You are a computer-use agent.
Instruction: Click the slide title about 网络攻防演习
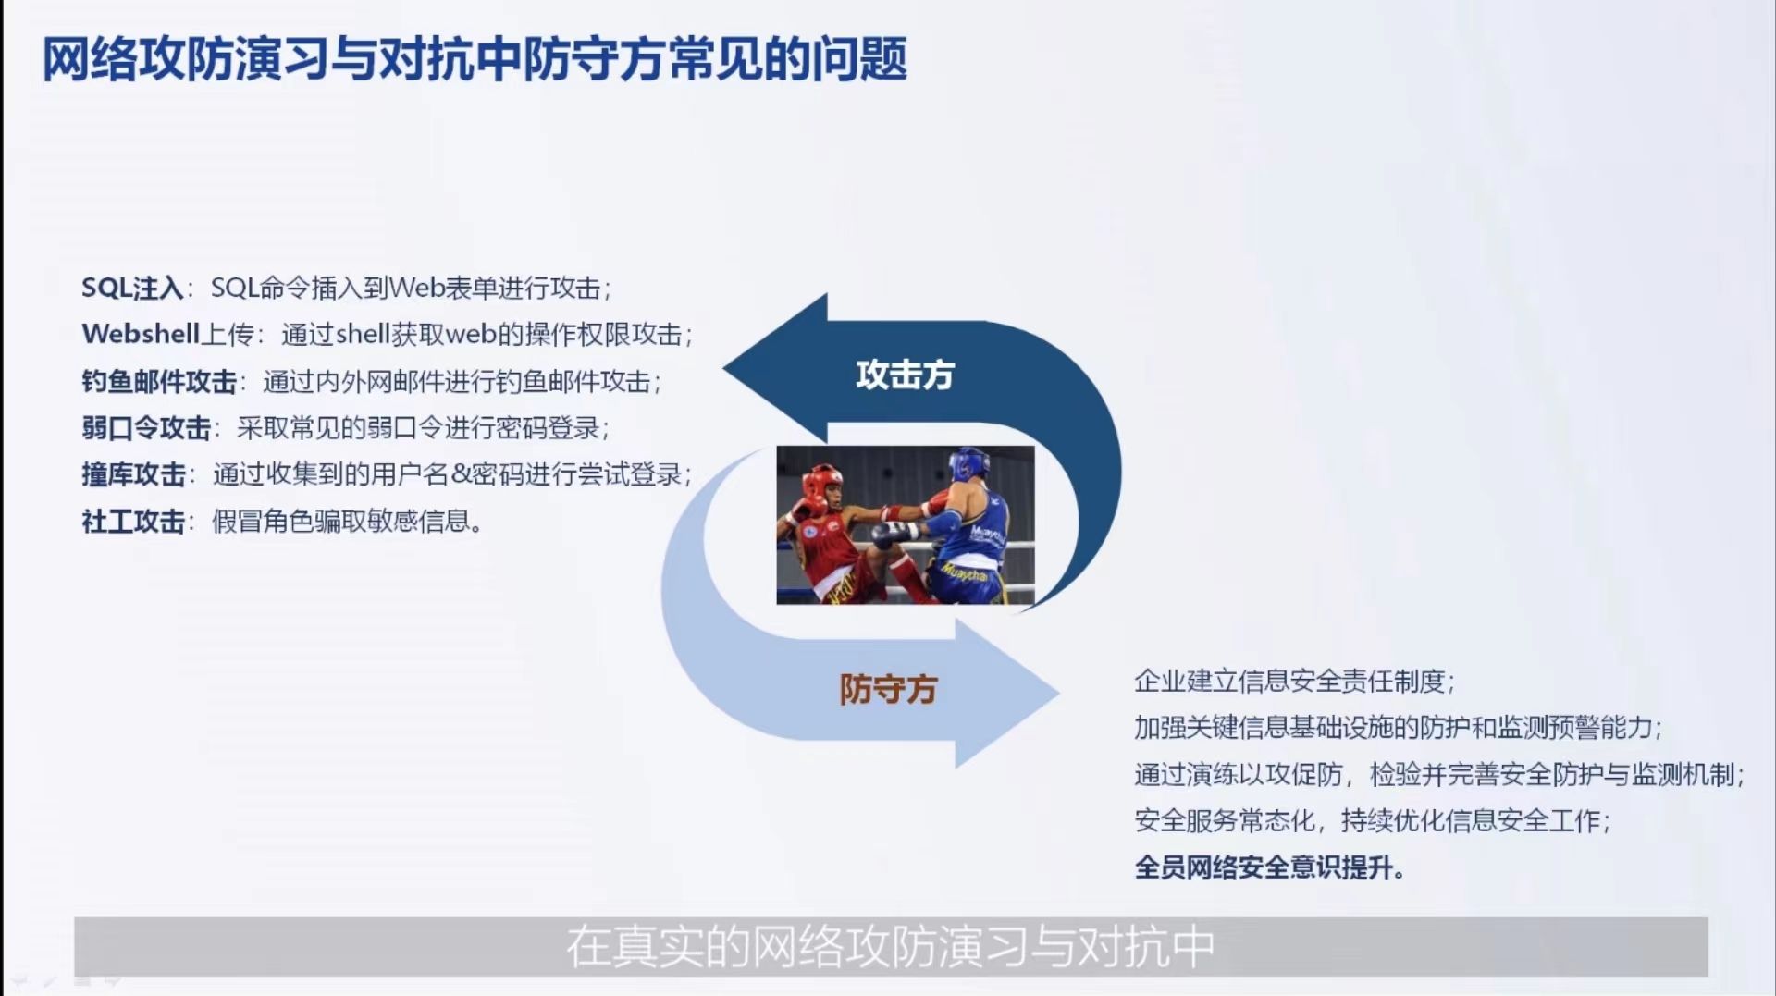475,60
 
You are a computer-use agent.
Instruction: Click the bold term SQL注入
132,289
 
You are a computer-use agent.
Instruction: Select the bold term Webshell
141,334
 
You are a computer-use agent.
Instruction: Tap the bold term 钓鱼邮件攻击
159,381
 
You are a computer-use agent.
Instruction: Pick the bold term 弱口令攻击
146,428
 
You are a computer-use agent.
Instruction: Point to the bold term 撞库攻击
133,474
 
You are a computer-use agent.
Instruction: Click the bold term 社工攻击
133,522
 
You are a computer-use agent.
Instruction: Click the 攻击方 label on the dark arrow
905,375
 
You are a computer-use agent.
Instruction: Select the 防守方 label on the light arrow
888,689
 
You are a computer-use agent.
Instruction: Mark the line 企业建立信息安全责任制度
1295,682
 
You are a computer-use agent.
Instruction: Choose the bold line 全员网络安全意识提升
1269,867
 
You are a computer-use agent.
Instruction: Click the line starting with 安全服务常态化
1373,820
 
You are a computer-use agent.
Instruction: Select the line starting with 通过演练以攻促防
1439,774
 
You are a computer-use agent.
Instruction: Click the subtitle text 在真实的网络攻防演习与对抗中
890,947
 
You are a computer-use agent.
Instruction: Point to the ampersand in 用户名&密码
461,474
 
